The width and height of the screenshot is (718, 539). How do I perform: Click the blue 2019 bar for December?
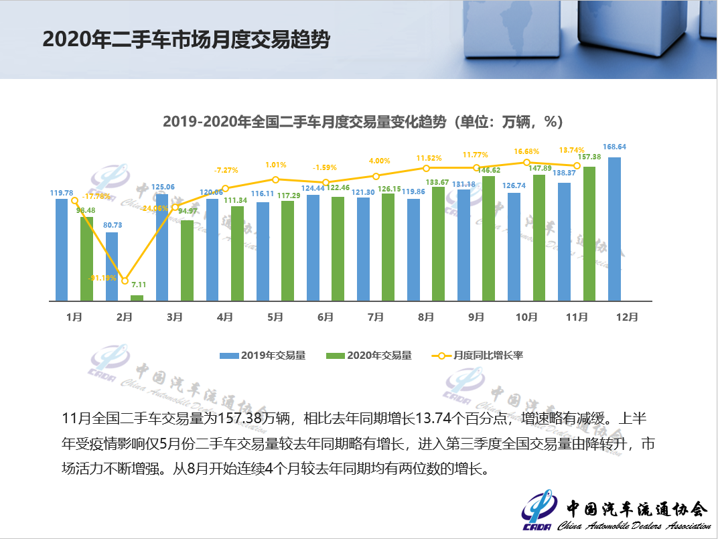pos(614,229)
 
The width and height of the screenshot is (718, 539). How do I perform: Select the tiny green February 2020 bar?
pos(137,298)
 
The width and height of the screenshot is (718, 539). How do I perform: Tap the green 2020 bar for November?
pos(589,234)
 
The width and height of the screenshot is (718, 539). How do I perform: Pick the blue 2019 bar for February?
pos(112,266)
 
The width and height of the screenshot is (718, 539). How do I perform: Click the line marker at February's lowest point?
pos(125,281)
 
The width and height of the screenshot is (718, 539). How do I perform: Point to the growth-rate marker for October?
pos(526,162)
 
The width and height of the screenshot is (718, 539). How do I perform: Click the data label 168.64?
pos(615,147)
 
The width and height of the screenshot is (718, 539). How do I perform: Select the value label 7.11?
pos(139,285)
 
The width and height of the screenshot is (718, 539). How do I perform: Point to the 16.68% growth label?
pos(526,152)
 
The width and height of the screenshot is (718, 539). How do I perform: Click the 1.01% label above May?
pos(276,165)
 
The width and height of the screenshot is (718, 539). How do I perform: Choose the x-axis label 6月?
pos(326,317)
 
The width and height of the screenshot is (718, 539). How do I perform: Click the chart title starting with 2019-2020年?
pos(362,122)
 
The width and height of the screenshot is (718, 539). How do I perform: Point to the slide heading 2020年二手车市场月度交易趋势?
pos(186,40)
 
